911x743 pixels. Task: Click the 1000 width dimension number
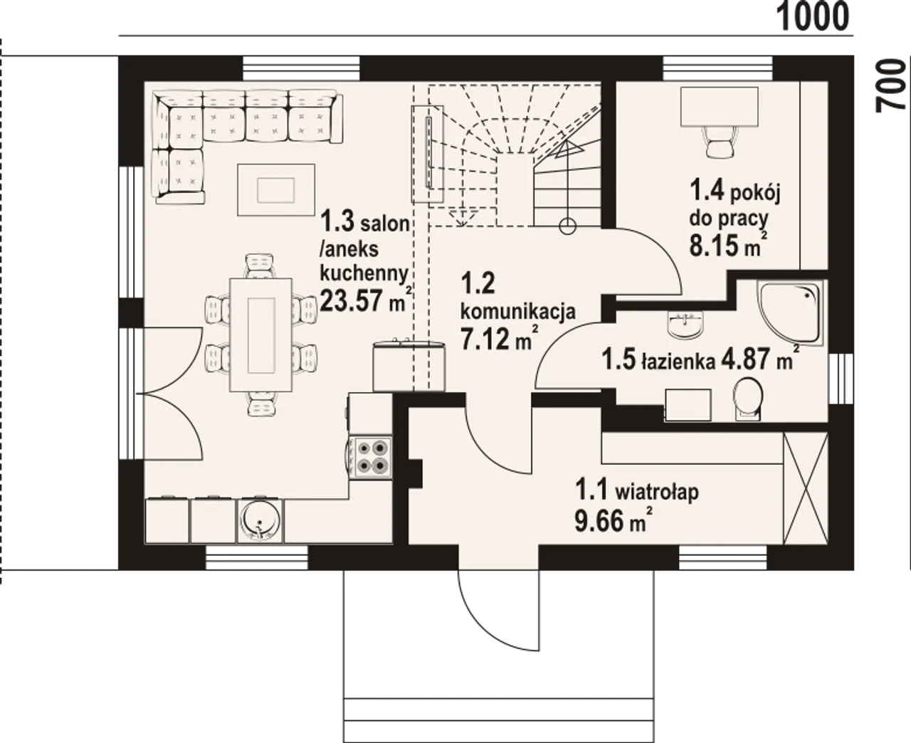click(813, 17)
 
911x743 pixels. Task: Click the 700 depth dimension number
click(890, 92)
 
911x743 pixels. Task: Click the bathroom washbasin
click(685, 324)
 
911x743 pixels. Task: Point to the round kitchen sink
click(260, 520)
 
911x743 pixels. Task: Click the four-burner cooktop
click(371, 458)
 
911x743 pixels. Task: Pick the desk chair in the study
click(720, 142)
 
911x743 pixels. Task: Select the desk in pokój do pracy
click(720, 107)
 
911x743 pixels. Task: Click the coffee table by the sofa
click(276, 189)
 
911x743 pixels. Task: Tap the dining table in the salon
click(260, 334)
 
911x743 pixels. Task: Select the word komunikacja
click(518, 312)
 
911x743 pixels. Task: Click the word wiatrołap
click(657, 492)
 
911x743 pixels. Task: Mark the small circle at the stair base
click(567, 225)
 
